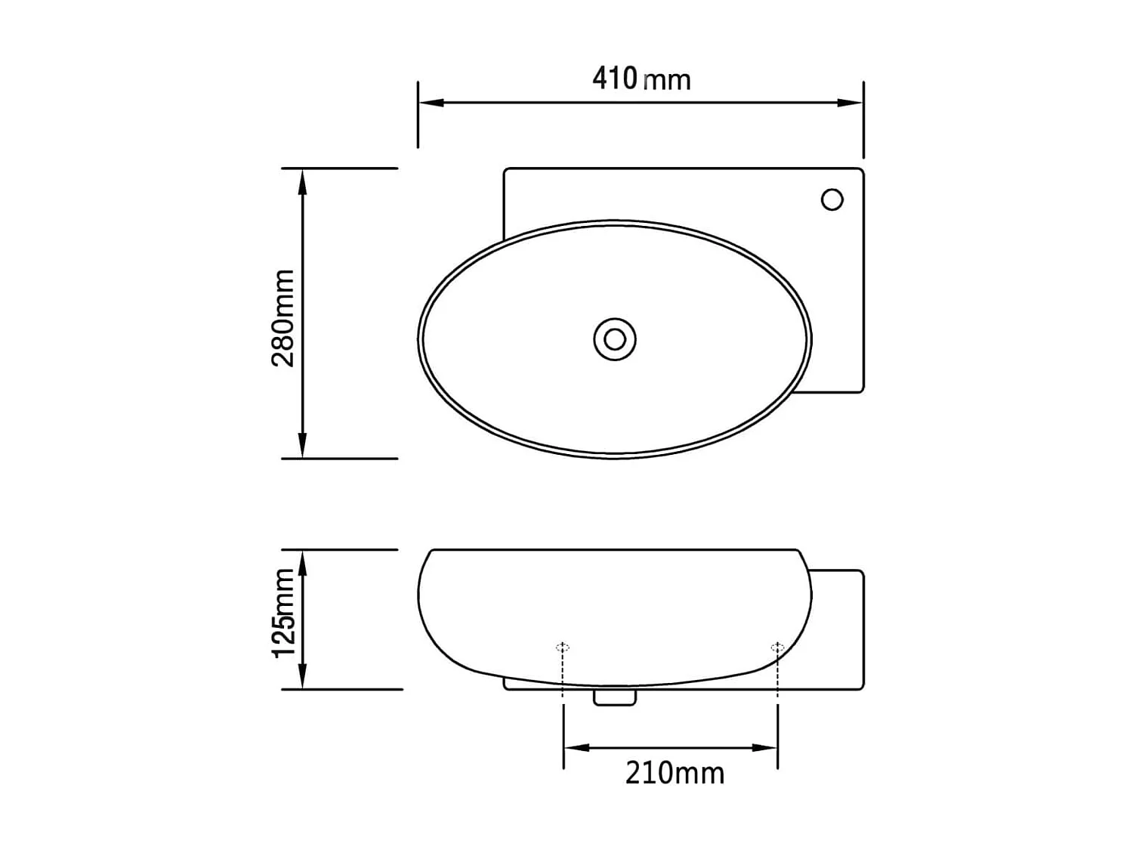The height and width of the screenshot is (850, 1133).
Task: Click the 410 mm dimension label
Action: [641, 79]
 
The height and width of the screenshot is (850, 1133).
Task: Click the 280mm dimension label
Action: [283, 318]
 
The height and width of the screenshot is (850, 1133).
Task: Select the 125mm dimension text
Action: [283, 613]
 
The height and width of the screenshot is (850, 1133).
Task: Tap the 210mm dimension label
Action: [675, 773]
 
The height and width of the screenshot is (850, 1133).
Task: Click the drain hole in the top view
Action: [615, 339]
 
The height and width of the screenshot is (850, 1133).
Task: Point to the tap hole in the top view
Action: [832, 199]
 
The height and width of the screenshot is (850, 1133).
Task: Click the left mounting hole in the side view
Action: [563, 647]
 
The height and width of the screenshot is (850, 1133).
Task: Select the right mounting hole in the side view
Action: [777, 647]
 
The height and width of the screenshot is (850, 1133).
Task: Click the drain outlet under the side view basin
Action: [615, 697]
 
